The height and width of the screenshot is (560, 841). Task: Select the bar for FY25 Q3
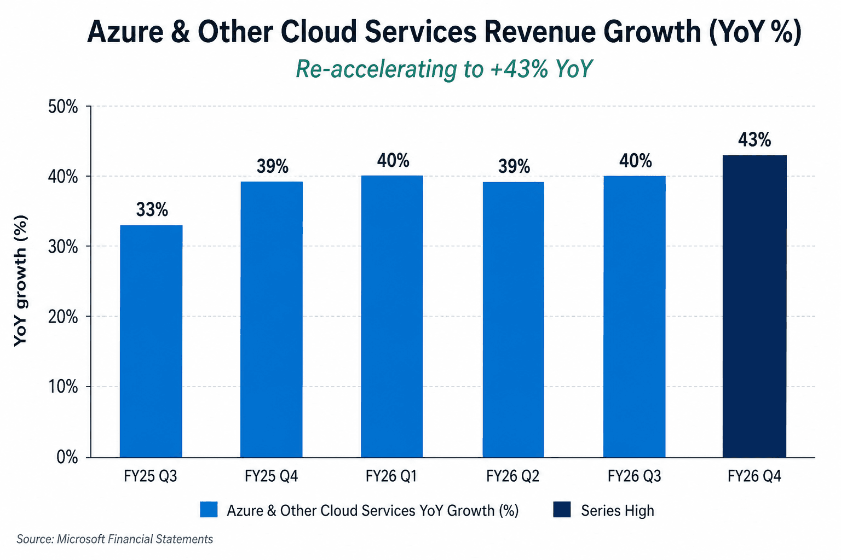[151, 341]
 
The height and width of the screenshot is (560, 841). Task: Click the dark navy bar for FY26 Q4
[754, 306]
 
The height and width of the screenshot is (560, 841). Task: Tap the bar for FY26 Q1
[392, 317]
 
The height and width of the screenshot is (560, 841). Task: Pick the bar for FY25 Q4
[272, 319]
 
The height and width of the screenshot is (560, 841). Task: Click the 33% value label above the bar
[152, 209]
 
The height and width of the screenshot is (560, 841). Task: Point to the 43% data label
[754, 140]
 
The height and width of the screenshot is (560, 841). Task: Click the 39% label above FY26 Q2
[514, 166]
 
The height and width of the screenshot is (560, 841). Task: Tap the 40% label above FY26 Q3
[635, 161]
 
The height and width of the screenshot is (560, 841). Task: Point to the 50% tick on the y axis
[63, 107]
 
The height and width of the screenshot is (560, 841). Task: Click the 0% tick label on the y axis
[67, 457]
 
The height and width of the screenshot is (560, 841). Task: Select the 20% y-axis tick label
[63, 317]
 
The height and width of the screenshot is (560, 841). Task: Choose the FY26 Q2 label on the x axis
[512, 476]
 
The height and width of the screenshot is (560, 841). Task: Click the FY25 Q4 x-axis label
[271, 476]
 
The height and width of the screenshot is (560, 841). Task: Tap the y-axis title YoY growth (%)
[20, 281]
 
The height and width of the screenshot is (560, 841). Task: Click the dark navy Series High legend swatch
[562, 510]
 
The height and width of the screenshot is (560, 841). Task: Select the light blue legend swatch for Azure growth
[209, 510]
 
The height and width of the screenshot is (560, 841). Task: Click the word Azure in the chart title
[125, 32]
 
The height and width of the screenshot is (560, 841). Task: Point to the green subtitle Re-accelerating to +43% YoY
[444, 69]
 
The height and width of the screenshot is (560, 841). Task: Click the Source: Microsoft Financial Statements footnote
[115, 539]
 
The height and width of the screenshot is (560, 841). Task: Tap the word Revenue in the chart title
[539, 32]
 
